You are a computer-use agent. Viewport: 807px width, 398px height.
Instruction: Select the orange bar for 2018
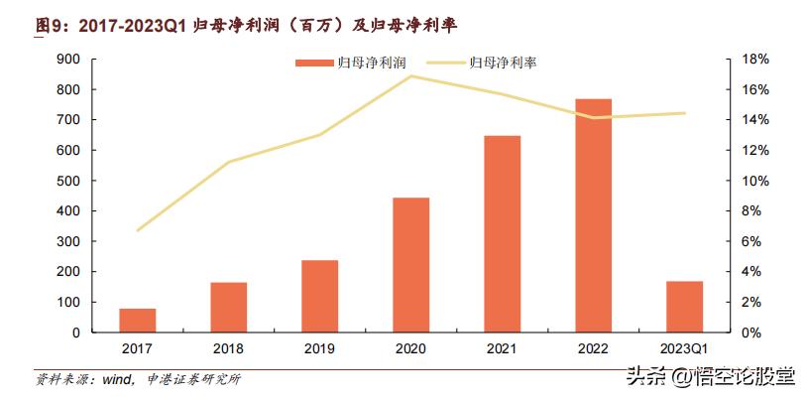click(228, 307)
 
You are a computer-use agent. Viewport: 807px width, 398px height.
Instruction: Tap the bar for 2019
click(319, 296)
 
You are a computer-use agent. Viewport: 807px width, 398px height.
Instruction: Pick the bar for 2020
click(410, 264)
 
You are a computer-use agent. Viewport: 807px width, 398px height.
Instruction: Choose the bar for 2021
click(502, 233)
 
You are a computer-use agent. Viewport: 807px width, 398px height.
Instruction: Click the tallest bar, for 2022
click(593, 215)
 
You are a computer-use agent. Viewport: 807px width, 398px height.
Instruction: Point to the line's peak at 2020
click(410, 76)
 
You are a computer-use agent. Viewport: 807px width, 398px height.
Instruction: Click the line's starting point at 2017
click(138, 230)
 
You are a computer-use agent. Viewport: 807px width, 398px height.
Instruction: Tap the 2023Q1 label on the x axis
click(684, 348)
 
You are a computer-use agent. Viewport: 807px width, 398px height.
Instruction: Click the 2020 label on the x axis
click(410, 348)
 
